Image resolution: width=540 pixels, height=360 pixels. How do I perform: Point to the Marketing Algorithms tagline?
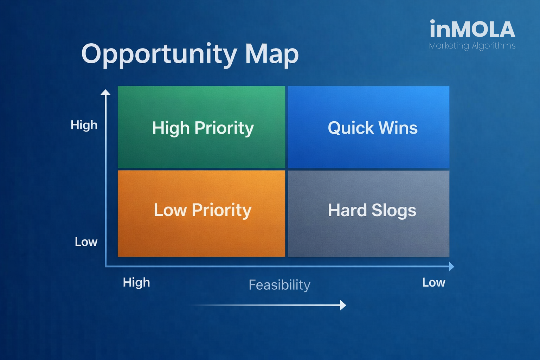coord(472,46)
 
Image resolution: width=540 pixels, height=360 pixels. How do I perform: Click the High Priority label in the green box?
coord(203,128)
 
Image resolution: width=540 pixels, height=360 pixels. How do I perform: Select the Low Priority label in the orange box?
coord(203,210)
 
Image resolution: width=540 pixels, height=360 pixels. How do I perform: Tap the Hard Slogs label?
coord(372,211)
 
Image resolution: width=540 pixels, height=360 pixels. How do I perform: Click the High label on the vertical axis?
coord(84,126)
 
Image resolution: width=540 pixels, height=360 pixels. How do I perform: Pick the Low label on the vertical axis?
coord(86,242)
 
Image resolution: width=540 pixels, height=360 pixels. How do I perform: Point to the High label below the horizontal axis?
coord(136,282)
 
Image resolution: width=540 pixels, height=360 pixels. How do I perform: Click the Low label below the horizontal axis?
coord(434,282)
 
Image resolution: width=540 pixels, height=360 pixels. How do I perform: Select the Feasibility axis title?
coord(279,285)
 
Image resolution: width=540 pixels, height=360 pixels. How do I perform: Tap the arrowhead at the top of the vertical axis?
coord(105,92)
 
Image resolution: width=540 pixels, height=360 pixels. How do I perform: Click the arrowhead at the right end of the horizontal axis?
coord(452,266)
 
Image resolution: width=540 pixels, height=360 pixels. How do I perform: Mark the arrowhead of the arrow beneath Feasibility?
coord(343,305)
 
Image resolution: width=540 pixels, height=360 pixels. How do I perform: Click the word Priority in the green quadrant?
coord(224,128)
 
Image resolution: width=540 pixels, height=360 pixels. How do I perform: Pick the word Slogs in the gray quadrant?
coord(394,211)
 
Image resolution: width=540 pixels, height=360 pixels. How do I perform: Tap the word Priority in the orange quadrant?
coord(221,210)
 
